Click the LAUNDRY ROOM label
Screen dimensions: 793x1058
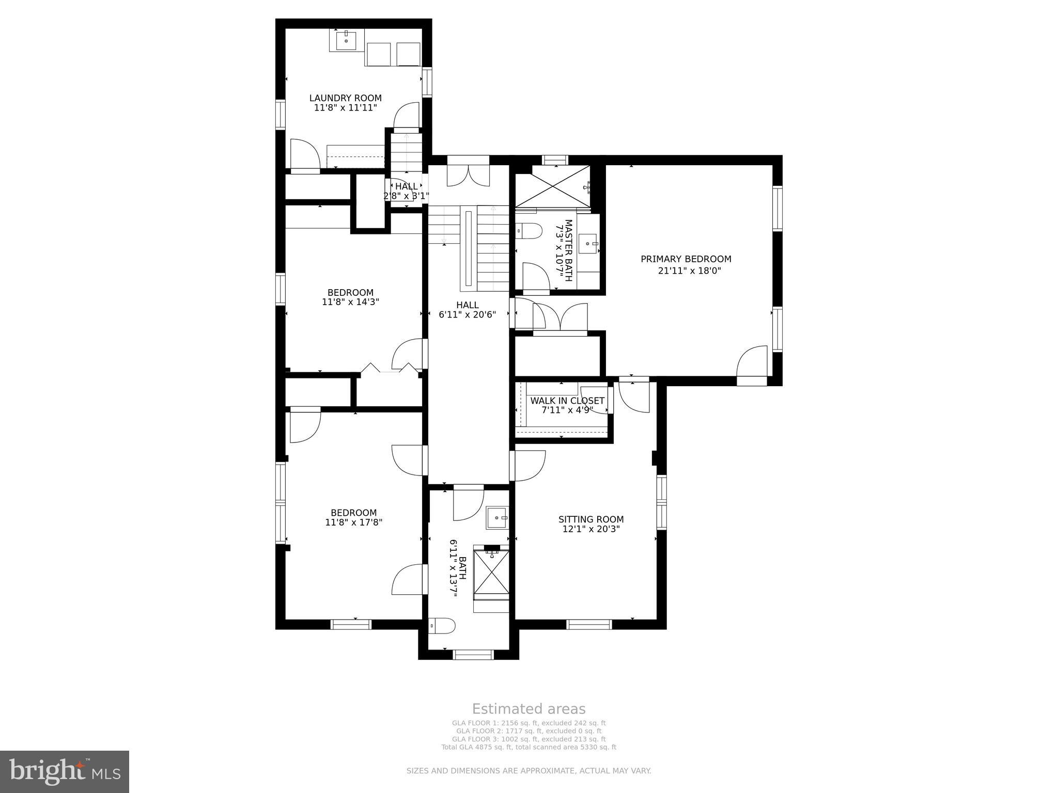coord(345,98)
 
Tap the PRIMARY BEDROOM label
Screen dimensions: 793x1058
coord(686,259)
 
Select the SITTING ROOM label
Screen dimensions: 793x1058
coord(590,519)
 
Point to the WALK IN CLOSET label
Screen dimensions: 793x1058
coord(567,401)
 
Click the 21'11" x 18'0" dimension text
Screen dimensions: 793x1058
coord(689,271)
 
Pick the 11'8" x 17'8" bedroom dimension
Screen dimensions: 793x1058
coord(353,522)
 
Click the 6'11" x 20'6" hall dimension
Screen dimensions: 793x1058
coord(467,314)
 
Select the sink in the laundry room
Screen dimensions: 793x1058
coord(346,39)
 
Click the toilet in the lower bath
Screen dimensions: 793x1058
coord(442,626)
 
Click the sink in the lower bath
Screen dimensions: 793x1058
coord(497,517)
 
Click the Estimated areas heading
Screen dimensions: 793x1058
coord(528,709)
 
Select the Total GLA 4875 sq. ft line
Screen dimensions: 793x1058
coord(528,747)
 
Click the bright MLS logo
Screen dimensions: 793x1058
coord(65,771)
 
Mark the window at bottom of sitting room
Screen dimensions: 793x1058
coord(589,624)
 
